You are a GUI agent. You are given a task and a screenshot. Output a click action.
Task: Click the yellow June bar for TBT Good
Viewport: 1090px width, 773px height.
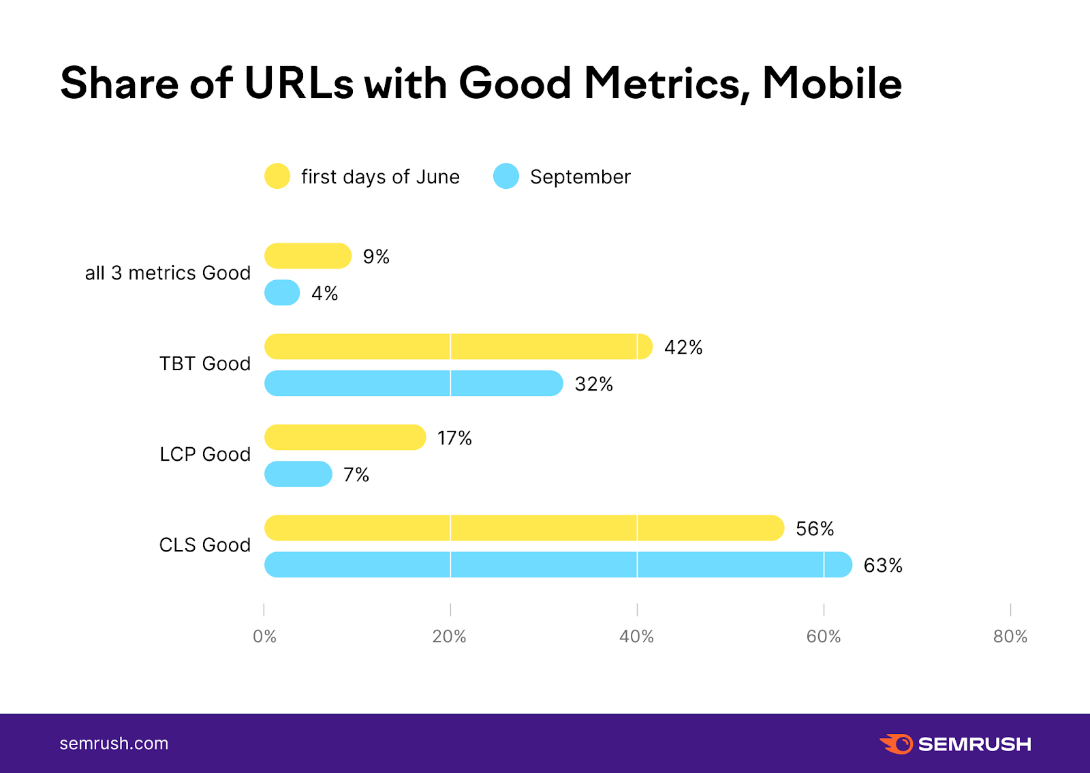tap(458, 347)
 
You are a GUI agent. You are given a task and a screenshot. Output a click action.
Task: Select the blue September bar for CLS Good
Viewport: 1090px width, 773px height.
tap(557, 565)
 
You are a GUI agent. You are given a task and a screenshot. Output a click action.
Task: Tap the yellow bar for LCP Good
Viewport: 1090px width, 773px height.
tap(345, 438)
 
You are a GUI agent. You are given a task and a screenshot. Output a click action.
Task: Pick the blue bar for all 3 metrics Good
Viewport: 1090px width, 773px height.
tap(282, 293)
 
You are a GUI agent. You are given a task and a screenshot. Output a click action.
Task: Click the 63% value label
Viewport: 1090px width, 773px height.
tap(883, 566)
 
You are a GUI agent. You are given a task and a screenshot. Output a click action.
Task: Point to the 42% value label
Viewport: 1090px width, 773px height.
tap(683, 348)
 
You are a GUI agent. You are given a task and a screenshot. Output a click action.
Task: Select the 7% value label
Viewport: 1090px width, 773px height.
tap(356, 474)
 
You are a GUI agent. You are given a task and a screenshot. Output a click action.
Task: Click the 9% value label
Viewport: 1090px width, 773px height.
tap(376, 257)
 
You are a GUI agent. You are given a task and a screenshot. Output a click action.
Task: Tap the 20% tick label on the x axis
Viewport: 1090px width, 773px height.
tap(450, 637)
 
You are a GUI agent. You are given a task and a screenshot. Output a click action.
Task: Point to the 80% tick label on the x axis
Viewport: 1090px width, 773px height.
tap(1010, 637)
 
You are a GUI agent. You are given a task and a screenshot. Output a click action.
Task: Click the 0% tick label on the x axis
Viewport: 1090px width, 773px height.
tap(264, 637)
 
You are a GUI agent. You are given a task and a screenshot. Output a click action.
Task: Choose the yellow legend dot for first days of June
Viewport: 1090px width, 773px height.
tap(277, 177)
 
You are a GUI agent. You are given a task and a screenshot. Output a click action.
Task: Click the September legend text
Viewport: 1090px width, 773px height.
tap(580, 177)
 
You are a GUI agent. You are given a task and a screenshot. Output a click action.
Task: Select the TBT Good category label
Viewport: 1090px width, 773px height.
tap(205, 364)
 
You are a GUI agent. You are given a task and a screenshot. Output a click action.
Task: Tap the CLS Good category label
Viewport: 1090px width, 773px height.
tap(205, 545)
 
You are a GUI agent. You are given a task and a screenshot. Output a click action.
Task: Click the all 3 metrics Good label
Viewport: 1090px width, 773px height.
tap(168, 273)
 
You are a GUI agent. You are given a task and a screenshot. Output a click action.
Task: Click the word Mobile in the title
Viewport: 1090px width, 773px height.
tap(832, 84)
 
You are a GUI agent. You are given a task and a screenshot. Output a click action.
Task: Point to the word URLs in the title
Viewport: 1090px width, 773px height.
tap(298, 84)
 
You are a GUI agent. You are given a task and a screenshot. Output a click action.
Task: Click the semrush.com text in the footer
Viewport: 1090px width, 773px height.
tap(114, 744)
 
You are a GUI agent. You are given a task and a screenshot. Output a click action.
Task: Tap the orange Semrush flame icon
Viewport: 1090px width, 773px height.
tap(897, 744)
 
